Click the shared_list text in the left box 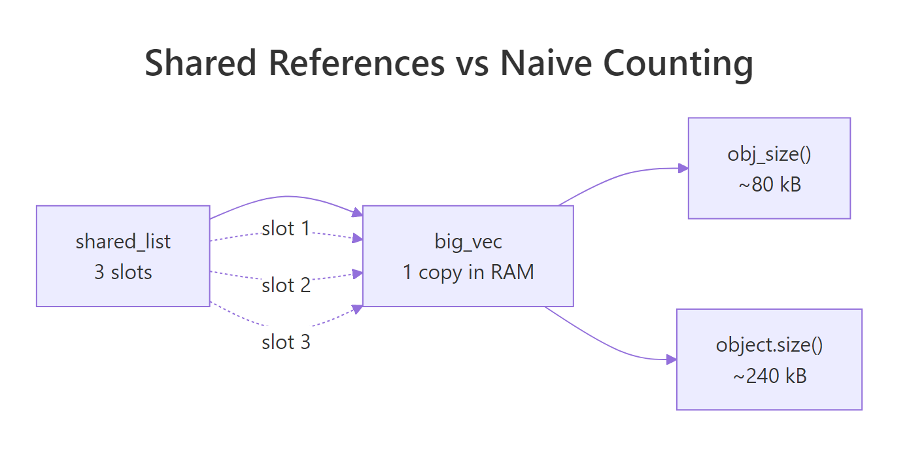(x=123, y=241)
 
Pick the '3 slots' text (x=123, y=272)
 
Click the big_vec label (x=468, y=241)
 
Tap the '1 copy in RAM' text (x=468, y=272)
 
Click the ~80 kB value (x=769, y=184)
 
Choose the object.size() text (x=769, y=344)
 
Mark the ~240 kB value (x=769, y=376)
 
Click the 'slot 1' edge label (x=286, y=229)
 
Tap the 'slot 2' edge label (x=286, y=285)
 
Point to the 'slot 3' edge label (x=286, y=342)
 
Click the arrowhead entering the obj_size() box (x=683, y=168)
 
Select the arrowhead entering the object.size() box (x=672, y=359)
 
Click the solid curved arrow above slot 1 (x=286, y=196)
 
